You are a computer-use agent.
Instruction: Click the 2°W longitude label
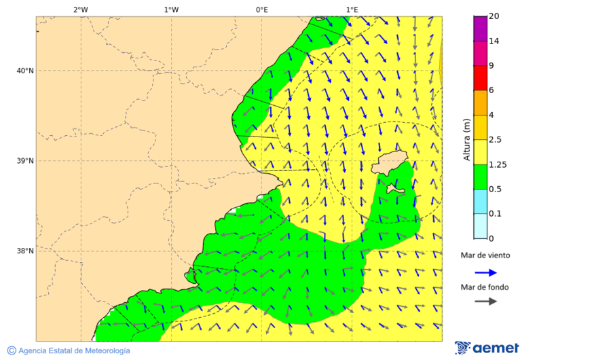80,10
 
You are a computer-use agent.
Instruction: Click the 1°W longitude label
171,10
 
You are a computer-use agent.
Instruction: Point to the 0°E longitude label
261,10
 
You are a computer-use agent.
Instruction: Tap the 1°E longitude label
352,10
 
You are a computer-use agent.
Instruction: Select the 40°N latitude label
24,71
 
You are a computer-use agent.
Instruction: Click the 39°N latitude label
24,161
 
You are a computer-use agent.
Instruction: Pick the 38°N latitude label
24,251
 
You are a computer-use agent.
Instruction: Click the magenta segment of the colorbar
480,29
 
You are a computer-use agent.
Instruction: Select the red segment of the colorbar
480,78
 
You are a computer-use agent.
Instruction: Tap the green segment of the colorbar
480,177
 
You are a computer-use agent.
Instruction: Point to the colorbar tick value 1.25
498,164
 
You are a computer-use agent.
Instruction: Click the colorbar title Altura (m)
466,140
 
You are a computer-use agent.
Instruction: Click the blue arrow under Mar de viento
485,272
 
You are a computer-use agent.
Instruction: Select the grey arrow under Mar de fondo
485,302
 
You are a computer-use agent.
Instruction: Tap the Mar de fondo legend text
485,287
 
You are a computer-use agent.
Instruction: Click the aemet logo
487,348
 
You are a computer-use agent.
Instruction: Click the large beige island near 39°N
388,164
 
